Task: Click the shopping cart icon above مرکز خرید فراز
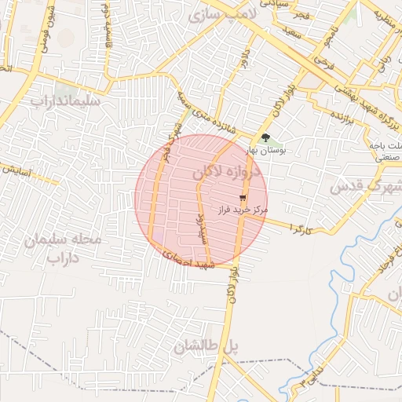point(243,198)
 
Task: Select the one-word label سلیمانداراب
point(64,101)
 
